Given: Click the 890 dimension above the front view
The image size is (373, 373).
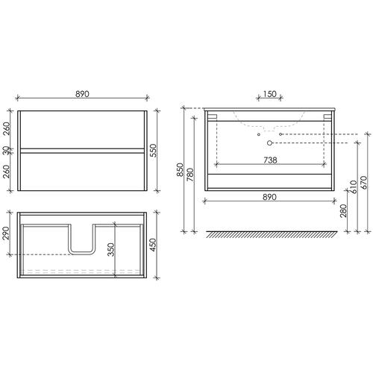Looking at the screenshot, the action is (x=82, y=94).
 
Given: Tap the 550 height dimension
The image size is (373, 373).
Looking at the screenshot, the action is (x=154, y=151).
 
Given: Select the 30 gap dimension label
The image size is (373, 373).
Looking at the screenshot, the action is (x=6, y=151).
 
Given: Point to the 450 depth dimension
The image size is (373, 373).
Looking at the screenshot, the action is (x=153, y=245).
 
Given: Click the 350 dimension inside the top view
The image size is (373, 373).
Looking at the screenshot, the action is (x=111, y=249).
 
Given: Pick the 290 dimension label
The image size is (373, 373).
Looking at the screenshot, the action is (x=5, y=233).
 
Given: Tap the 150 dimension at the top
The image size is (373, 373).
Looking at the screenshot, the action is (x=269, y=94).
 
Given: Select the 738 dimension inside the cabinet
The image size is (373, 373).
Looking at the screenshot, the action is (x=270, y=160).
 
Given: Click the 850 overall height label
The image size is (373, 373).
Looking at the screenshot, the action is (x=180, y=170).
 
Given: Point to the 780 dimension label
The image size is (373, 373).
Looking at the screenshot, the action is (x=190, y=175).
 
